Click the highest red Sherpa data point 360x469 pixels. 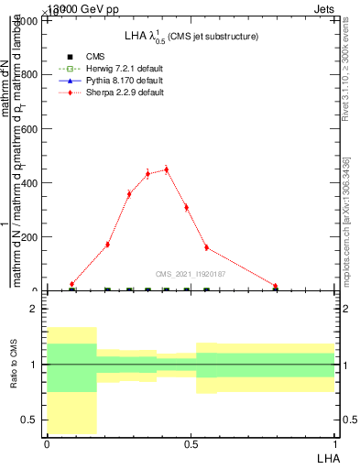pos(166,169)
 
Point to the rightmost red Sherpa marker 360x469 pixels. pos(275,286)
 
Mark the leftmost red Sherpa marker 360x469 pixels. pos(71,284)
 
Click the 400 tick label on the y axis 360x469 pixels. pos(30,183)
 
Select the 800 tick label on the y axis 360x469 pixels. pos(30,75)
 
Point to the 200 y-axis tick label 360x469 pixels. pos(30,237)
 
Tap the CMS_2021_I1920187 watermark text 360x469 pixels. pos(190,274)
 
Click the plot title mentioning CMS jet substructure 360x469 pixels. pos(191,36)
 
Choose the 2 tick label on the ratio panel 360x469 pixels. pos(34,309)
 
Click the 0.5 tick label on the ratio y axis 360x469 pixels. pos(30,420)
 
